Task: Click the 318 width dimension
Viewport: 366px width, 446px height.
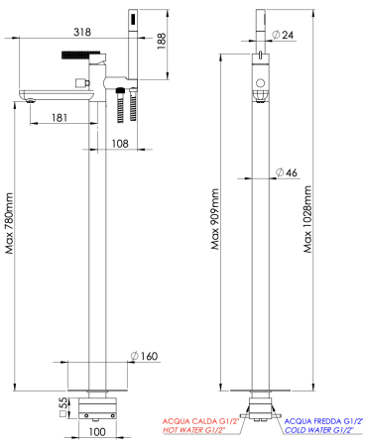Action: [82, 32]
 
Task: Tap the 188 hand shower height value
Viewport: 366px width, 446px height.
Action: [162, 41]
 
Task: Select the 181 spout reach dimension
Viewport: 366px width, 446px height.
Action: [60, 118]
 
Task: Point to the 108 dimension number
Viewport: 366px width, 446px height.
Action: [120, 144]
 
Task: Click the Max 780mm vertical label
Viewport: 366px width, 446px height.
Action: [9, 223]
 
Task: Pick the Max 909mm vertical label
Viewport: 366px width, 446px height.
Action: [215, 219]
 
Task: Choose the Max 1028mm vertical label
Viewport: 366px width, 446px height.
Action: [307, 219]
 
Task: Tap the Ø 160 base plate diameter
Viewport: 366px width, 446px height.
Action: [144, 356]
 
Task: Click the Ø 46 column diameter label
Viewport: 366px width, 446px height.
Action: [287, 172]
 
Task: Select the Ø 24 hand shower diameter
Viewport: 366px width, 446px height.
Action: [283, 35]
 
